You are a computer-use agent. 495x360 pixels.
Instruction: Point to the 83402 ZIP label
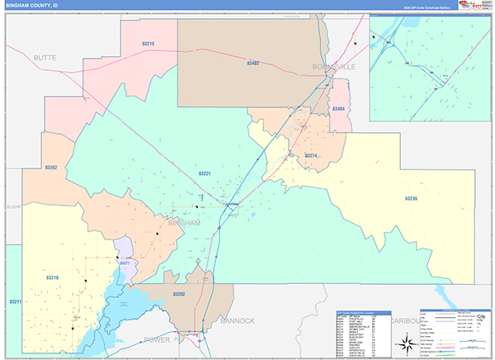click(252, 63)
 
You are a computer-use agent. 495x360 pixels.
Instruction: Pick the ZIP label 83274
click(311, 156)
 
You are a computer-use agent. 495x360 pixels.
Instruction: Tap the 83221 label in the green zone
click(205, 173)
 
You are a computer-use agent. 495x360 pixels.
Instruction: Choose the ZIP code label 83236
click(411, 198)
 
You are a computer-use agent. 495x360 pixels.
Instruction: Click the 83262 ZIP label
click(52, 168)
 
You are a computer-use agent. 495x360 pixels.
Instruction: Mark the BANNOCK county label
click(237, 319)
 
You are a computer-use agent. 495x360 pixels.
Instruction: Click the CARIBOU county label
click(405, 319)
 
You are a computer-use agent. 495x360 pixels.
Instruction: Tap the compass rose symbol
click(406, 343)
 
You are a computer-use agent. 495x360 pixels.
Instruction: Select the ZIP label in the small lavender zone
click(125, 262)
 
